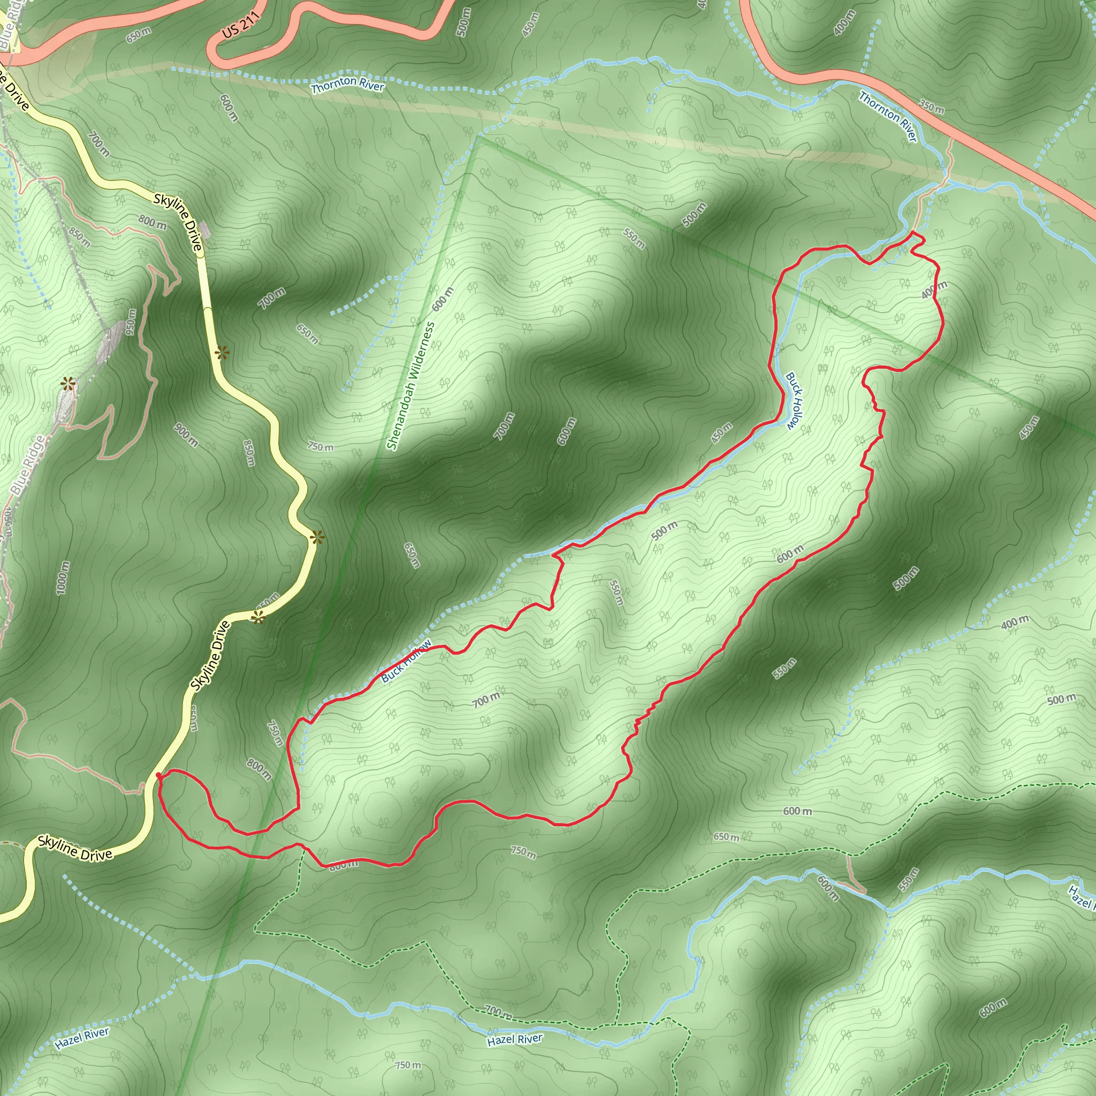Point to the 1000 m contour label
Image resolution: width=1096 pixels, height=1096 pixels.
[64, 577]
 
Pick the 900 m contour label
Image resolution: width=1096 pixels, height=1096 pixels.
[186, 435]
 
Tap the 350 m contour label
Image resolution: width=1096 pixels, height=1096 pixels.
[932, 106]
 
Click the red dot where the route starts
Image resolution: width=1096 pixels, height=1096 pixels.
[158, 774]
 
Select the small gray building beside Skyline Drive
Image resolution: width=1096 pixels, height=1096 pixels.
[204, 230]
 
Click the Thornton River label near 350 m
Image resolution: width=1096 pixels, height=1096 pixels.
[888, 116]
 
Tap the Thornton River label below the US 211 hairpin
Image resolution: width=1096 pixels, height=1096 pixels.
[348, 84]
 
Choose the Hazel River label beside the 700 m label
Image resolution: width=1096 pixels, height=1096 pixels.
[514, 1039]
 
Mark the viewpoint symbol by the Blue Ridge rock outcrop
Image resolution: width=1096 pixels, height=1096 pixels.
[68, 385]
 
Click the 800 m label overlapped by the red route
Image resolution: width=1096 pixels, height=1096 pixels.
[344, 865]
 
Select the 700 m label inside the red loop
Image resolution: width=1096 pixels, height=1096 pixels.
[486, 701]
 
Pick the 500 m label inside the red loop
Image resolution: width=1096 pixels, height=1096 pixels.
[664, 530]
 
